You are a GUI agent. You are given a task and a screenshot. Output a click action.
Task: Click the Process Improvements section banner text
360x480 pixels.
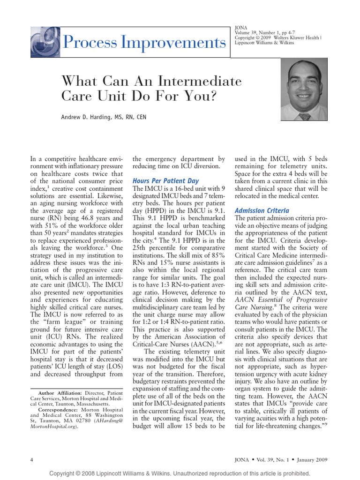143,43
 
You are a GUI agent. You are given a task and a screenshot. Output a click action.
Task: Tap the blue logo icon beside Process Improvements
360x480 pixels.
45,42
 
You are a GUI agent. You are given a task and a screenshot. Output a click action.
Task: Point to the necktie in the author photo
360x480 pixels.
305,116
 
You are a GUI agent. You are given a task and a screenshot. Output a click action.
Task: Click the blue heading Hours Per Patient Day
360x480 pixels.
165,180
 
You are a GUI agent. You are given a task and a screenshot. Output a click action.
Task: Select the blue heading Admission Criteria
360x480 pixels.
262,211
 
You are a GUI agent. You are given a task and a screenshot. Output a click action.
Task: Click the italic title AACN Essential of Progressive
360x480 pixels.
281,300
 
